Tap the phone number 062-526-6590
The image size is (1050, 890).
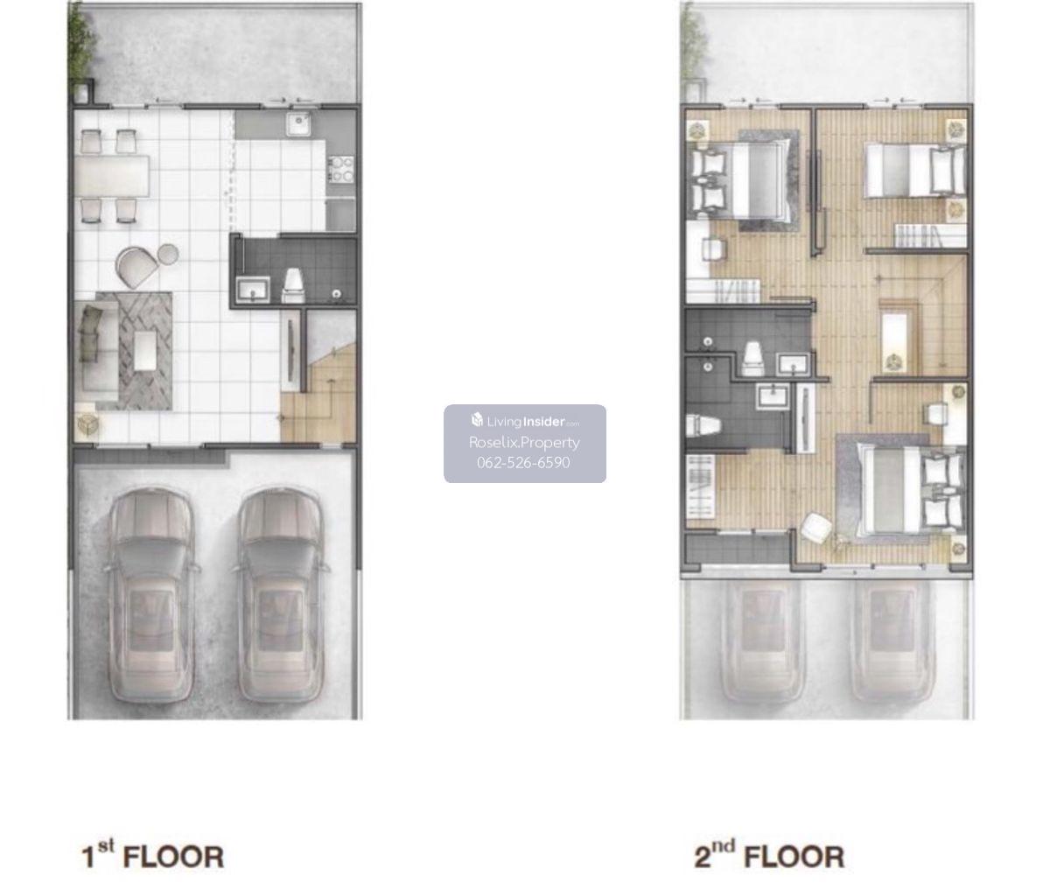523,462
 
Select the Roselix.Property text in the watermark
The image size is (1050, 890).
524,443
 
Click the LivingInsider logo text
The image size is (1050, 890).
525,421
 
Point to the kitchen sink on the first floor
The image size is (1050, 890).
298,124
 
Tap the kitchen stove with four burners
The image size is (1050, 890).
341,169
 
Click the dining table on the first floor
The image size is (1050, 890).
112,176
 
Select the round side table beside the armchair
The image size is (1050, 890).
168,254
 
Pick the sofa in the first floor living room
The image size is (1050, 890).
96,346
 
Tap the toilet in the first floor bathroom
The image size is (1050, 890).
293,285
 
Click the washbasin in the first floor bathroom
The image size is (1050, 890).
253,290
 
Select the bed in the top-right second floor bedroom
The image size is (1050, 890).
915,170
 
